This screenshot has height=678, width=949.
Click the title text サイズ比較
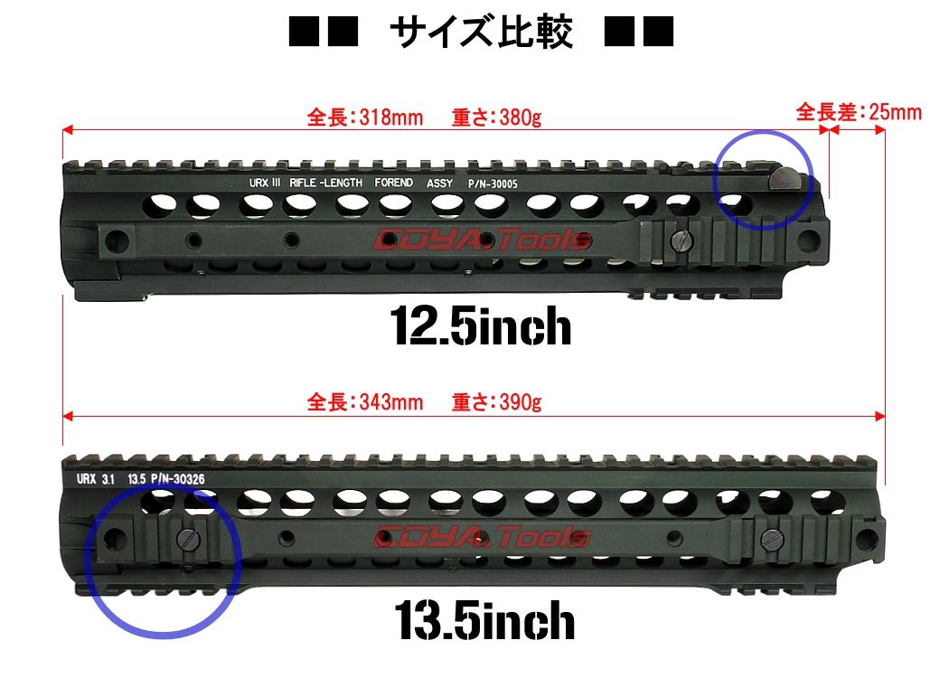[x=481, y=32]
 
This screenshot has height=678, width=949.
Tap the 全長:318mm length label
[x=365, y=117]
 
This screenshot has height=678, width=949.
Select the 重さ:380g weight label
[x=496, y=117]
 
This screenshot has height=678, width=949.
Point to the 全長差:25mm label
[x=859, y=112]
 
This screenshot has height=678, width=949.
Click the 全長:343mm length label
[x=365, y=402]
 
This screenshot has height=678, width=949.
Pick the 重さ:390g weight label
[x=496, y=402]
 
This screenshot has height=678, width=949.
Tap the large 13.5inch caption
[x=484, y=620]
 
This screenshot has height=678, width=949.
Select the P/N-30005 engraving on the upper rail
[x=493, y=184]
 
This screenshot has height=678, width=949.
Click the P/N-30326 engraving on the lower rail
[x=178, y=479]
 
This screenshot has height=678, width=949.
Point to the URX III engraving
[x=265, y=183]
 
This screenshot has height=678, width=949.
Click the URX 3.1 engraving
[x=96, y=479]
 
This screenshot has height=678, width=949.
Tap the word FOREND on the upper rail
[x=393, y=183]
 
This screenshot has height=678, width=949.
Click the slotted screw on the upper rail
[x=681, y=241]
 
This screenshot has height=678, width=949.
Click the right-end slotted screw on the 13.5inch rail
[x=772, y=538]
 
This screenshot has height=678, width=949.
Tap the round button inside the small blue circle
[x=785, y=180]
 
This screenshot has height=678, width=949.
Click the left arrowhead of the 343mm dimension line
[x=68, y=416]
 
